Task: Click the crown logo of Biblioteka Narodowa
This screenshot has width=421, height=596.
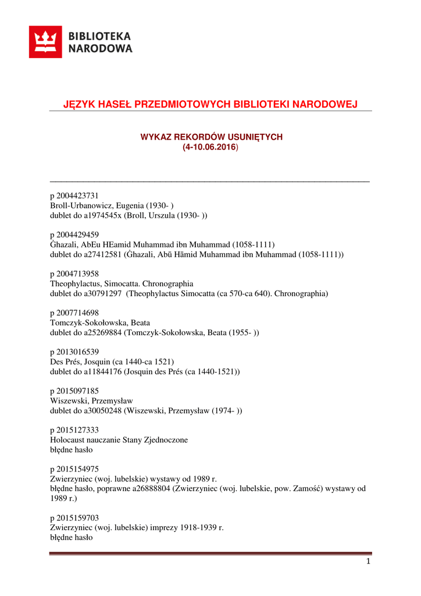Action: pyautogui.click(x=45, y=42)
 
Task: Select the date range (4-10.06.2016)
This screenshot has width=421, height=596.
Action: pyautogui.click(x=211, y=148)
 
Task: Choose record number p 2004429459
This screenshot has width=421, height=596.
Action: pyautogui.click(x=74, y=235)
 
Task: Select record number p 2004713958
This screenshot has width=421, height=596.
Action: pyautogui.click(x=74, y=274)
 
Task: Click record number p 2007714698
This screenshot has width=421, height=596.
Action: pyautogui.click(x=74, y=313)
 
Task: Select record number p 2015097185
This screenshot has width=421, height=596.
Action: pyautogui.click(x=74, y=391)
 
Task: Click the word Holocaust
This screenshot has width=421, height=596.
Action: pyautogui.click(x=67, y=440)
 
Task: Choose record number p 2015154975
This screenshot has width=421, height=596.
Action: pyautogui.click(x=74, y=469)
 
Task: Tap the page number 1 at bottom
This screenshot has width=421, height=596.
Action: pyautogui.click(x=368, y=562)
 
